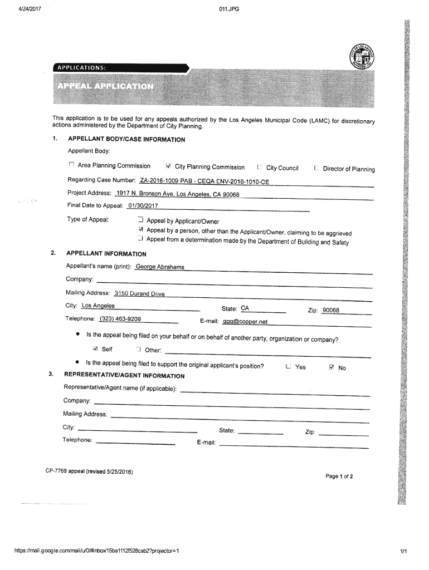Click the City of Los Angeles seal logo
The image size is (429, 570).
(362, 57)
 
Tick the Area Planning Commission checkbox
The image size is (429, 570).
(71, 165)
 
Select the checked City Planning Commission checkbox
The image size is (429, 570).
(168, 166)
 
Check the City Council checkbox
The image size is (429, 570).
(260, 167)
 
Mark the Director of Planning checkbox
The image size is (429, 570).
(316, 168)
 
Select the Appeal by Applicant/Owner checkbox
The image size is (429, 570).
(140, 219)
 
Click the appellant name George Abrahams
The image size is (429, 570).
(160, 267)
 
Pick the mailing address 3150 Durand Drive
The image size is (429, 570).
(139, 293)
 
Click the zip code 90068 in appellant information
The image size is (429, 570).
(330, 311)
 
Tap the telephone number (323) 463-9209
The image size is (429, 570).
(120, 319)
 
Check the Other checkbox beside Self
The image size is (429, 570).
(138, 350)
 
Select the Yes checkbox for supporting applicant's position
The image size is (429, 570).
(287, 367)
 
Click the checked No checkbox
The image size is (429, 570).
(331, 367)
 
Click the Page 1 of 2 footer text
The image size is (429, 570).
(340, 476)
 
